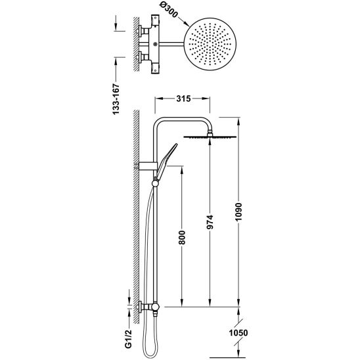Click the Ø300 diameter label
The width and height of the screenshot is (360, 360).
point(169,11)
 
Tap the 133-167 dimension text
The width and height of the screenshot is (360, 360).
point(116,99)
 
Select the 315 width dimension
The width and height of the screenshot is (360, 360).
point(183,99)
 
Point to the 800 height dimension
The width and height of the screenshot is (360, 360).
point(182,238)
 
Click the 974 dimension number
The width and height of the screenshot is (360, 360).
point(210,222)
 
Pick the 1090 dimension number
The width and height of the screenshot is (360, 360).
point(238,212)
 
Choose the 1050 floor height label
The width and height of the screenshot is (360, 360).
point(238,332)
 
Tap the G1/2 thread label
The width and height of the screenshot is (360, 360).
point(129,338)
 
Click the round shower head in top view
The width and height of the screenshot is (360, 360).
point(210,44)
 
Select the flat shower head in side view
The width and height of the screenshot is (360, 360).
point(210,137)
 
